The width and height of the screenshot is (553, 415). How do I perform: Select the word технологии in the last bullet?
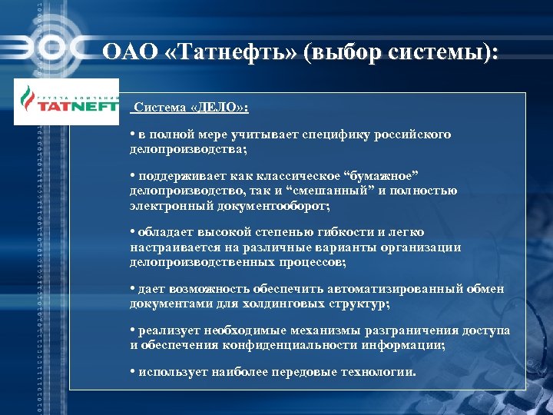(x=379, y=372)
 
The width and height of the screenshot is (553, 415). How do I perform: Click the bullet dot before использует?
(x=133, y=372)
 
